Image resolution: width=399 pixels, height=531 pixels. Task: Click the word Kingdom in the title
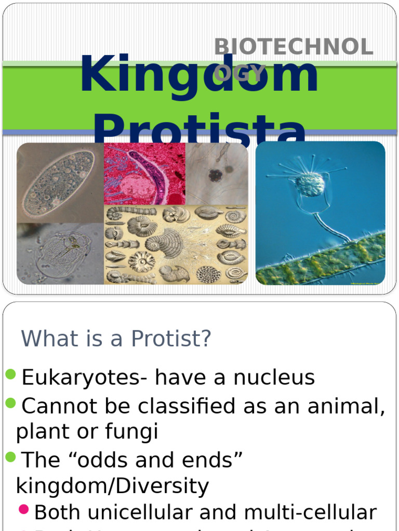pyautogui.click(x=198, y=76)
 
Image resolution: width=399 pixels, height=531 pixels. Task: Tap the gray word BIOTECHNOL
pyautogui.click(x=294, y=48)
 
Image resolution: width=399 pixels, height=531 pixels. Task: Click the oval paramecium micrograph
pyautogui.click(x=58, y=183)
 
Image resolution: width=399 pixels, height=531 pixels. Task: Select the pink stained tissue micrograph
pyautogui.click(x=144, y=174)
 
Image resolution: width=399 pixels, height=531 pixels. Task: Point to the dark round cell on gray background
pyautogui.click(x=216, y=175)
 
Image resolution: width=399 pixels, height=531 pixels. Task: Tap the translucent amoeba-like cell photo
pyautogui.click(x=60, y=253)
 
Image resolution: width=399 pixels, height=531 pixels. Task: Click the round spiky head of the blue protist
pyautogui.click(x=310, y=185)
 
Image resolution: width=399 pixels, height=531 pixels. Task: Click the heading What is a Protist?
pyautogui.click(x=116, y=339)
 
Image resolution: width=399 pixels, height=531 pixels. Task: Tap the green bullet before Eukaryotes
pyautogui.click(x=11, y=374)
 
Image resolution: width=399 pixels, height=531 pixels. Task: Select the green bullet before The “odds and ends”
pyautogui.click(x=11, y=457)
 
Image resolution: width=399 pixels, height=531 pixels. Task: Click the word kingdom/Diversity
pyautogui.click(x=113, y=486)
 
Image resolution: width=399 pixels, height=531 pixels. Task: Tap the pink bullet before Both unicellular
pyautogui.click(x=24, y=509)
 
